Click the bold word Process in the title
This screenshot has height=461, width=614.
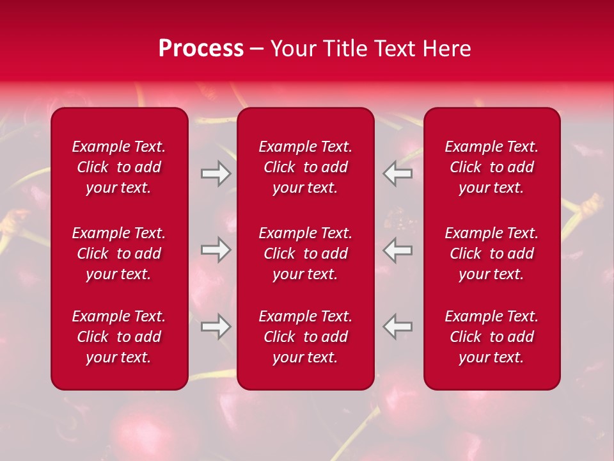pyautogui.click(x=201, y=49)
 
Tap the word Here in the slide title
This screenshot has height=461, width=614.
pyautogui.click(x=446, y=49)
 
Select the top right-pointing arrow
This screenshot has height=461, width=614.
pyautogui.click(x=216, y=174)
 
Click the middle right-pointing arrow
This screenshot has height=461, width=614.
pyautogui.click(x=216, y=250)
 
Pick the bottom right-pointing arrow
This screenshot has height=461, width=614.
pyautogui.click(x=216, y=327)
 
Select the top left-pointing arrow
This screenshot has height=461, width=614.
pyautogui.click(x=398, y=174)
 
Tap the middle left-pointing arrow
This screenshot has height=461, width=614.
pyautogui.click(x=398, y=250)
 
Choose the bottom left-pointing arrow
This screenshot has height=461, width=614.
pyautogui.click(x=398, y=327)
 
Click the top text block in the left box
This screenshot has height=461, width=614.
pyautogui.click(x=119, y=167)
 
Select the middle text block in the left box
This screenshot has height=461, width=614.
pyautogui.click(x=119, y=254)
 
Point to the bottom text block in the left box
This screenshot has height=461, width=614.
pyautogui.click(x=119, y=337)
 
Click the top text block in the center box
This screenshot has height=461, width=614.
pyautogui.click(x=305, y=167)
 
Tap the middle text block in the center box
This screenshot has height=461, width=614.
pyautogui.click(x=305, y=254)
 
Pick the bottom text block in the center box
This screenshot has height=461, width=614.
pyautogui.click(x=305, y=337)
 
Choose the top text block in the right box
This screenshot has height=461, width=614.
pyautogui.click(x=491, y=167)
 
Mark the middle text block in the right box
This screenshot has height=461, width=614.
pyautogui.click(x=491, y=254)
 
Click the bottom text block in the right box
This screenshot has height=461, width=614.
pyautogui.click(x=491, y=337)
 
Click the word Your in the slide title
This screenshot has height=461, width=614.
pyautogui.click(x=292, y=49)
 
